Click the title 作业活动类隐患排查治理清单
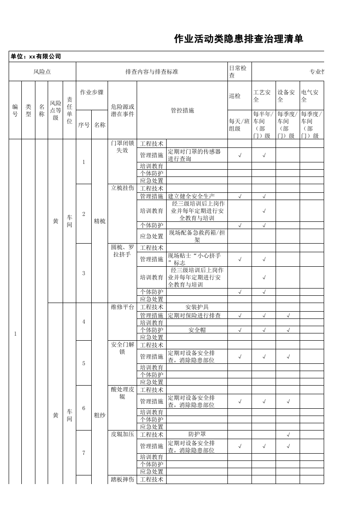(239, 39)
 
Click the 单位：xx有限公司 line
(36, 57)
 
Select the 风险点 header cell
(42, 72)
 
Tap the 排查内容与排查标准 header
(152, 72)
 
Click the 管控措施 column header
(182, 110)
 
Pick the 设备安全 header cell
(286, 96)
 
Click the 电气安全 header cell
(311, 96)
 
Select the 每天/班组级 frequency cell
(239, 125)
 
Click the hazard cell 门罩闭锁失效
(122, 147)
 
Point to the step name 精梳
(99, 221)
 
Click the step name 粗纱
(99, 415)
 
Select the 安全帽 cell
(197, 330)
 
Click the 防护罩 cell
(197, 434)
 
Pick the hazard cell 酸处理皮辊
(122, 393)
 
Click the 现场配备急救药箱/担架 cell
(197, 236)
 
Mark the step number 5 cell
(84, 363)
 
